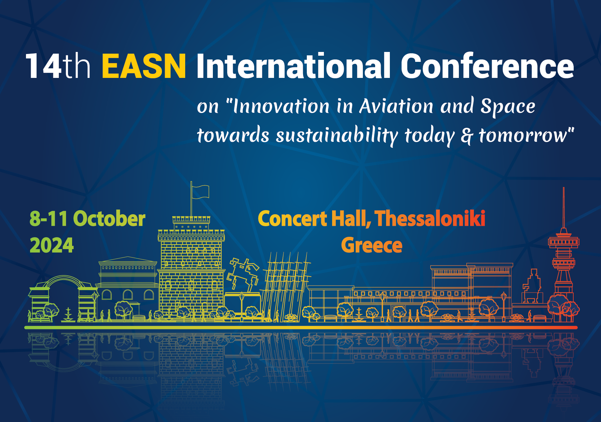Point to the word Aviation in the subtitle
[396, 106]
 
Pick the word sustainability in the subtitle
[337, 136]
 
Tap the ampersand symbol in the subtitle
[467, 136]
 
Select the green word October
[109, 219]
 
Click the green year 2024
[52, 245]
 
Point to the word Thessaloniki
[430, 218]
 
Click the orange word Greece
[372, 245]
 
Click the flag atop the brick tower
[200, 191]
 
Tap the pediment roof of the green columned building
[127, 260]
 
